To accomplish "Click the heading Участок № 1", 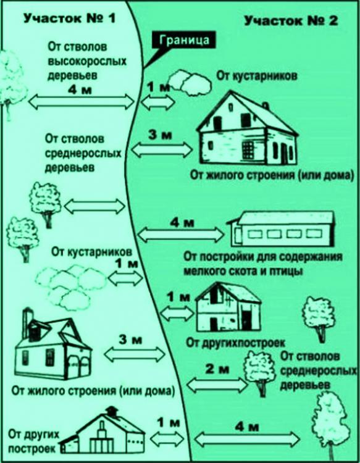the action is pos(69,19).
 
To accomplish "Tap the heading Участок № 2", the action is pos(291,21).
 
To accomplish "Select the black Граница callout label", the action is pos(183,41).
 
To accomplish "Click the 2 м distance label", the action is pos(217,369).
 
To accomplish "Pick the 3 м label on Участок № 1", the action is pos(130,340).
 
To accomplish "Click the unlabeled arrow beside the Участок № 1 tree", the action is pos(95,206).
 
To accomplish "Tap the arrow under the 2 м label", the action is pos(217,385).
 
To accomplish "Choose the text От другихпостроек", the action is pos(235,343).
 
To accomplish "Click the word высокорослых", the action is pos(87,61).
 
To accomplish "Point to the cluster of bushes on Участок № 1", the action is pos(70,285).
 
